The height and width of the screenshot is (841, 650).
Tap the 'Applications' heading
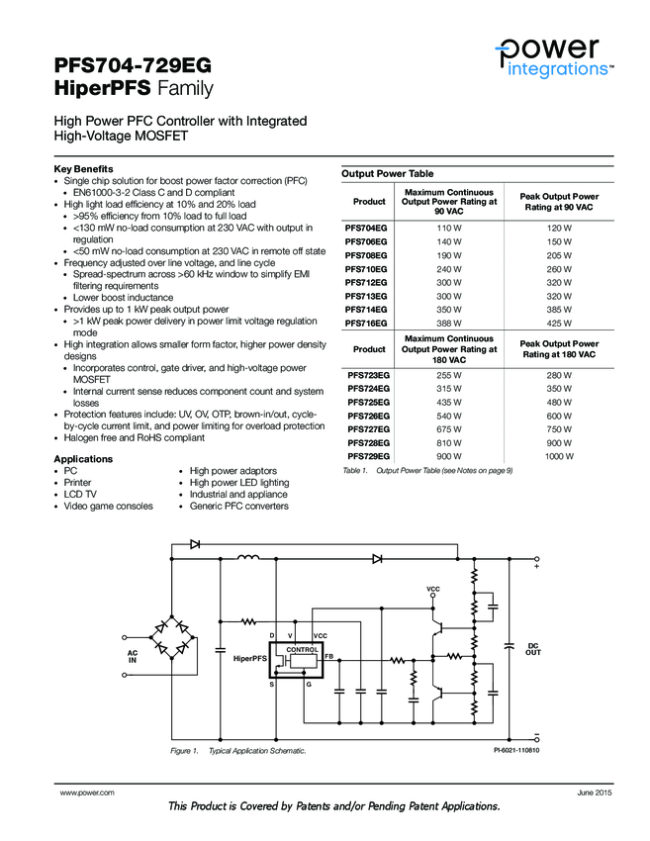coord(83,459)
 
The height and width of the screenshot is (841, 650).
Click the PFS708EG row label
coord(365,254)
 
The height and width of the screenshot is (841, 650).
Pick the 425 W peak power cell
coord(559,324)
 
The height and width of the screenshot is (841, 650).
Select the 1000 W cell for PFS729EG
coord(559,456)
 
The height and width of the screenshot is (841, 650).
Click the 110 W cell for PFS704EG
coord(450,228)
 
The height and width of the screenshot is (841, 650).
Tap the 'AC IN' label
coord(132,657)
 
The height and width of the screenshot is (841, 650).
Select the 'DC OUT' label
coord(533,648)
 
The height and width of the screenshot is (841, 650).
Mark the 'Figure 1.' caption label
coord(184,751)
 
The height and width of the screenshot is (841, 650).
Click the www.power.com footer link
coord(87,794)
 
